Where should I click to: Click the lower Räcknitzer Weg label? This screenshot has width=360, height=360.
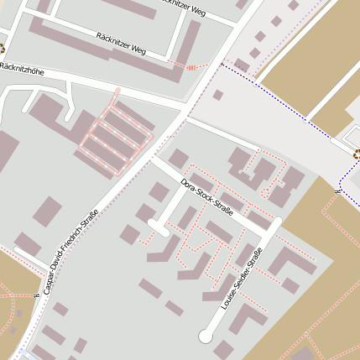pos(121,44)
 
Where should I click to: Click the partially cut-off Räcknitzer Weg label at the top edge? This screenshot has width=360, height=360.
pos(180,8)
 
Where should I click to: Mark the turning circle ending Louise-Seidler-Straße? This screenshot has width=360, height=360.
pos(206,337)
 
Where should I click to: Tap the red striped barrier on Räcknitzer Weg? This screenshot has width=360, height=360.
pos(193,65)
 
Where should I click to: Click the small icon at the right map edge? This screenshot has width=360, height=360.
pos(357,154)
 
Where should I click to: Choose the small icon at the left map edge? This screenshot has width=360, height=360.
pos(3,48)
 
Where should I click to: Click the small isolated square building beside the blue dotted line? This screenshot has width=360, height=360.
pos(217,95)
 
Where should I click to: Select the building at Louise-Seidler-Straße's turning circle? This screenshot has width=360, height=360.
pos(224,349)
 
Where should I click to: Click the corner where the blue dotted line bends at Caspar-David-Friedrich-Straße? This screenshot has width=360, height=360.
pos(222,63)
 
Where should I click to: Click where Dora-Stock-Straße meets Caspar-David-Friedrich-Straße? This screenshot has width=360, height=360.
pos(154,156)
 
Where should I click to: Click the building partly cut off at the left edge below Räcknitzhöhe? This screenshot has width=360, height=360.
pos(7,151)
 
